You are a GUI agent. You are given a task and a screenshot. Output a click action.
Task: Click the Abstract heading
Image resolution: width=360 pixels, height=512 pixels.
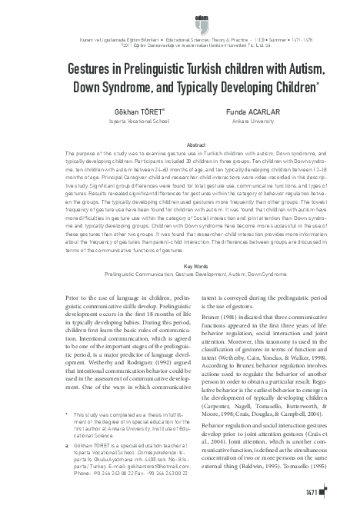(179, 144)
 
